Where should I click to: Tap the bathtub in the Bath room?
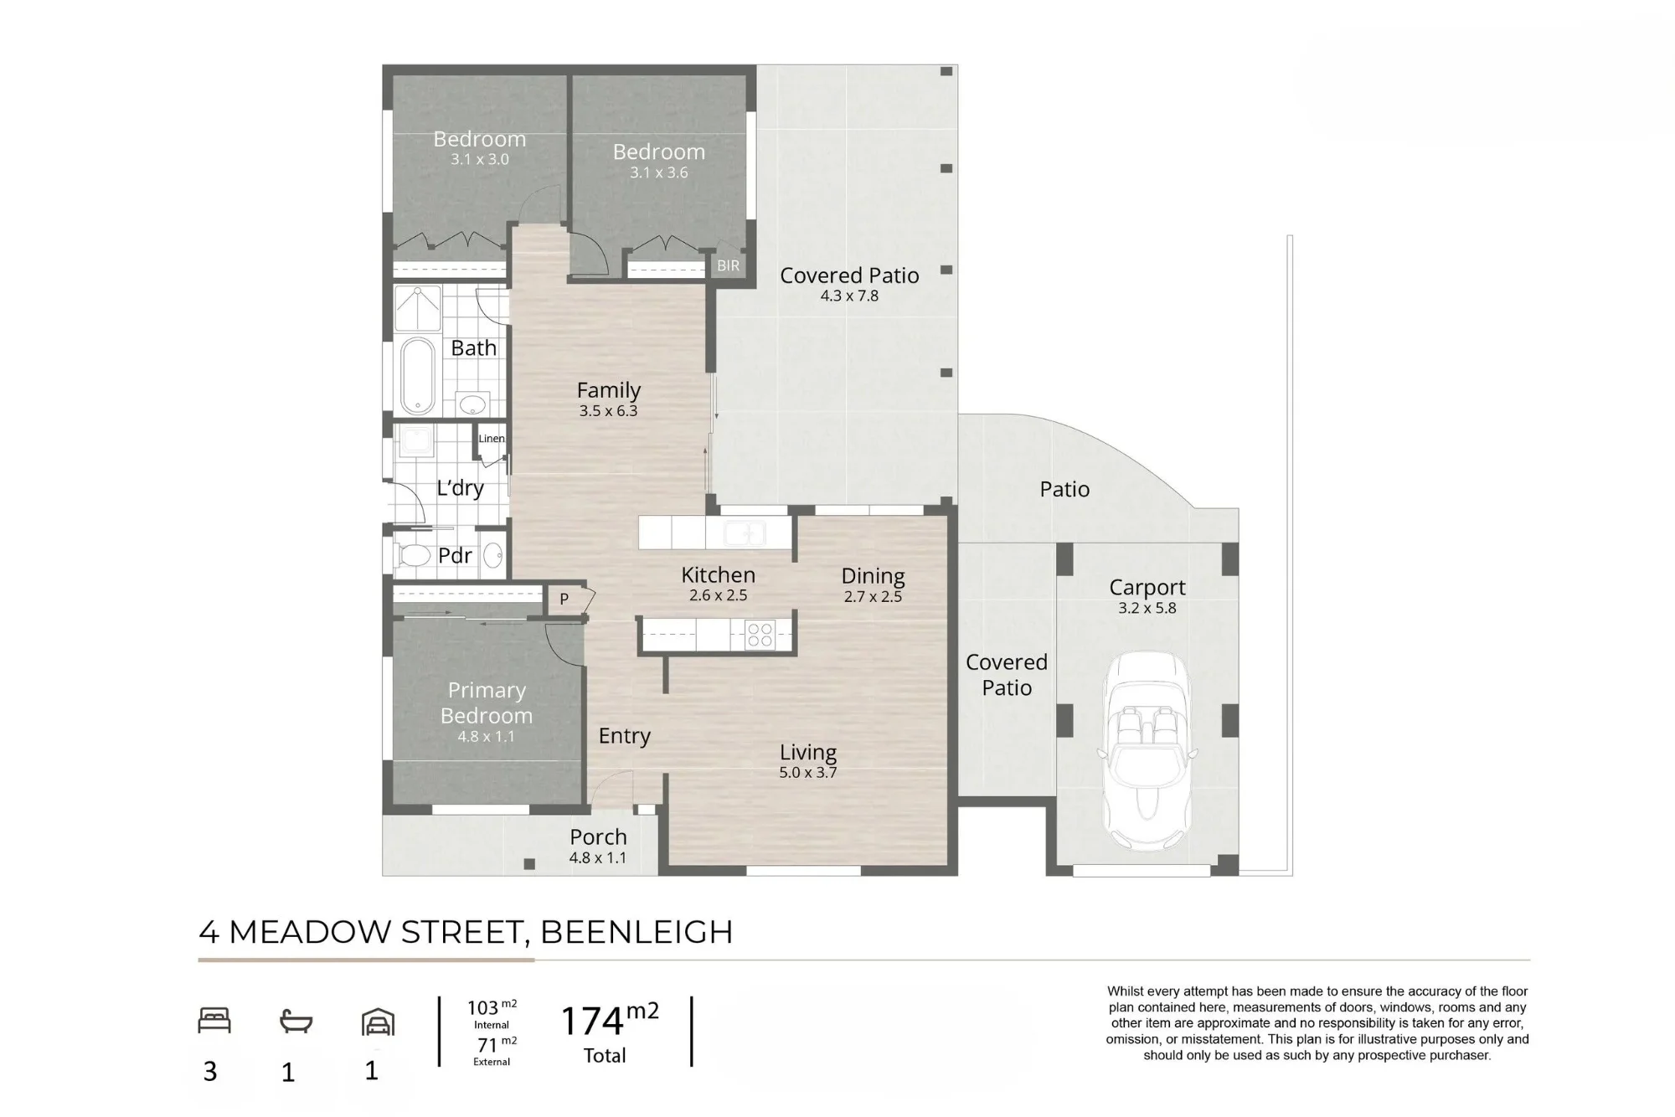pyautogui.click(x=417, y=376)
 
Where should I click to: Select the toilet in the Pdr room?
pyautogui.click(x=413, y=555)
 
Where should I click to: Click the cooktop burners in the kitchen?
pyautogui.click(x=760, y=635)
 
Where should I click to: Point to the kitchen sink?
pyautogui.click(x=743, y=533)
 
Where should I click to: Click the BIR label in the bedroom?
pyautogui.click(x=728, y=265)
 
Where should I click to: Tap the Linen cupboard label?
pyautogui.click(x=492, y=438)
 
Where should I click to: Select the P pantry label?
pyautogui.click(x=564, y=599)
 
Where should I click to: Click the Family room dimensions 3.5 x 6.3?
pyautogui.click(x=608, y=411)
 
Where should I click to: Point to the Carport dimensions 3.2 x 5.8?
pyautogui.click(x=1147, y=609)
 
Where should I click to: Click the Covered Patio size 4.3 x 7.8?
pyautogui.click(x=849, y=296)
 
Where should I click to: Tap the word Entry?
pyautogui.click(x=625, y=736)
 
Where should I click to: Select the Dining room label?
pyautogui.click(x=873, y=576)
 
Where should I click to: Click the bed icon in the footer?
pyautogui.click(x=214, y=1021)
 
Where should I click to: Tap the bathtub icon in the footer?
pyautogui.click(x=296, y=1022)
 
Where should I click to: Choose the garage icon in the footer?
pyautogui.click(x=378, y=1022)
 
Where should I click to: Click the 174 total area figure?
pyautogui.click(x=592, y=1022)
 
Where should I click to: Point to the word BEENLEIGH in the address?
pyautogui.click(x=636, y=932)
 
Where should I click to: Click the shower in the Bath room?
pyautogui.click(x=417, y=308)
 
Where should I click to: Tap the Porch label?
pyautogui.click(x=598, y=837)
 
